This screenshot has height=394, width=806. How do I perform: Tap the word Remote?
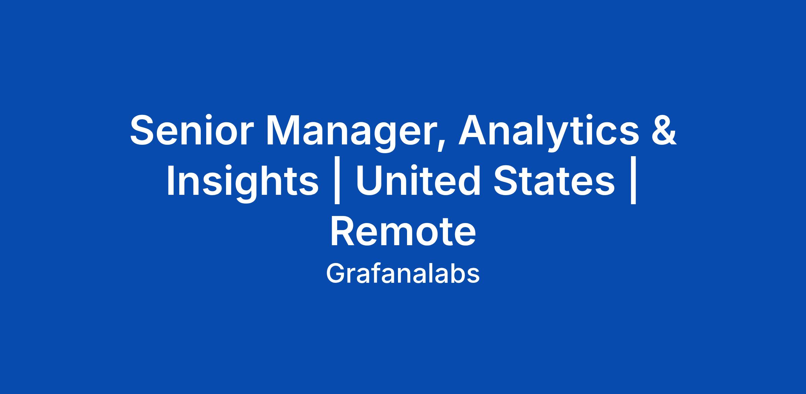coord(403,232)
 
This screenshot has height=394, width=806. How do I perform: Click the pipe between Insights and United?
coord(338,184)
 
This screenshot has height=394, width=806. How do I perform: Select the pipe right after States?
coord(634,184)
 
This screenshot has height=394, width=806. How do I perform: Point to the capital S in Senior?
coord(144,130)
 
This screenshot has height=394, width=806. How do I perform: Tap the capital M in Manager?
coord(283,131)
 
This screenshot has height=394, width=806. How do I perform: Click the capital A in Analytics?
coord(474,131)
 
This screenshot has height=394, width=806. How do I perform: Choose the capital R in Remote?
coord(344,232)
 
